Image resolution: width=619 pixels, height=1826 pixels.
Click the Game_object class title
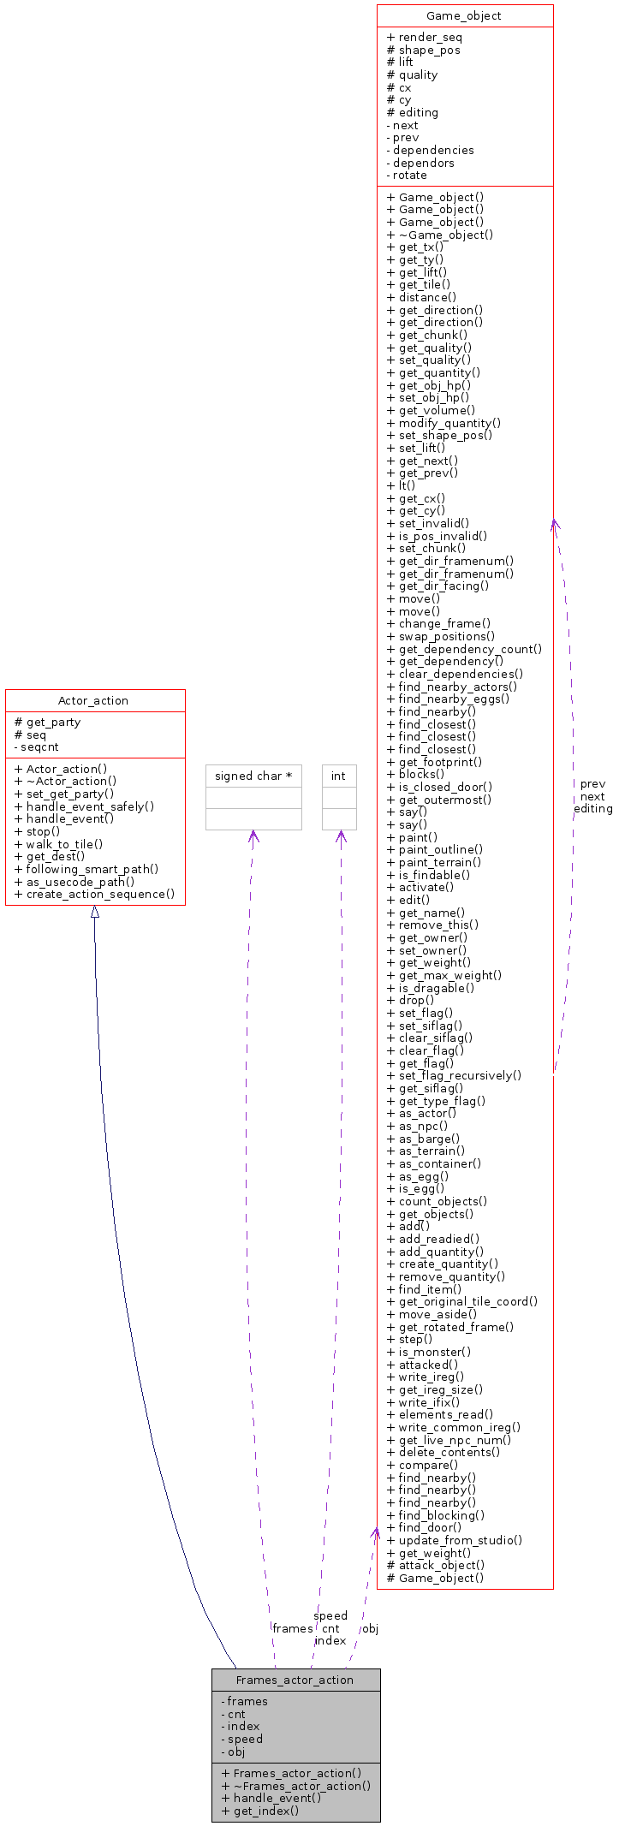click(464, 15)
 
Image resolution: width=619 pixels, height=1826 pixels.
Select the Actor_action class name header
click(93, 700)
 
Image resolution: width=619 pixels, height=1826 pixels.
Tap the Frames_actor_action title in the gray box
click(295, 1680)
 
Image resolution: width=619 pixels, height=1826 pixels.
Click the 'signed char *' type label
click(253, 776)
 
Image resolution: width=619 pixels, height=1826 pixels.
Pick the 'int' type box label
click(338, 776)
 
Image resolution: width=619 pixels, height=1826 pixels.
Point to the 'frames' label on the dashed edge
click(292, 1628)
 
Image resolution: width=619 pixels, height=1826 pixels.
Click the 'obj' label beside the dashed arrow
click(370, 1628)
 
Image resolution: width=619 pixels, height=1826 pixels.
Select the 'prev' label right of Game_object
click(592, 783)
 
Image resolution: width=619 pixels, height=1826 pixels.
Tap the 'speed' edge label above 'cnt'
click(330, 1615)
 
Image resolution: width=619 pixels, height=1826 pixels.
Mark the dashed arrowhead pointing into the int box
click(340, 836)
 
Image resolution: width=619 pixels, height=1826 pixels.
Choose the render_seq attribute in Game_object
click(425, 37)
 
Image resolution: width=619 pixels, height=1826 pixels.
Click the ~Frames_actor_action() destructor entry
click(295, 1786)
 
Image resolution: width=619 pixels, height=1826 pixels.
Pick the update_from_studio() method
click(455, 1540)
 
